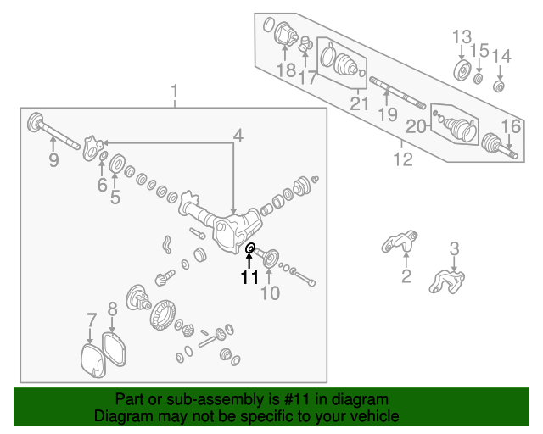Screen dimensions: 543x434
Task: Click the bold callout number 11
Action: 249,277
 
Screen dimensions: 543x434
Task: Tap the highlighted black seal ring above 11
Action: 250,248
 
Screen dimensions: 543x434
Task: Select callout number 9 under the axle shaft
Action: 53,160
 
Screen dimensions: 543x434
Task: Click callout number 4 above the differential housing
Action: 238,136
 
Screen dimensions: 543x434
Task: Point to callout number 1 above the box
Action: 174,91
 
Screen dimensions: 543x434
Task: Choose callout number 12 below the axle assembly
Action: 403,159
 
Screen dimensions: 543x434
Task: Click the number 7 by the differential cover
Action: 91,320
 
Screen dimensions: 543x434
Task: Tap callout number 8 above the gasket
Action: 113,309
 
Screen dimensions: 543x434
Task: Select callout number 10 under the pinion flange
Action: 270,293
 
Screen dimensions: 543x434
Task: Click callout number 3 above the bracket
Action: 455,249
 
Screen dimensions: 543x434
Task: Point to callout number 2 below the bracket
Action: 406,275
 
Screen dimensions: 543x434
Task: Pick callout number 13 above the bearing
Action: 462,37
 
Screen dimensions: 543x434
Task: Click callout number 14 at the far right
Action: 501,57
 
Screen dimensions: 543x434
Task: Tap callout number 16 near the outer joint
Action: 511,126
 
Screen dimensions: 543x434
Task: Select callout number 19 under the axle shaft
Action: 388,114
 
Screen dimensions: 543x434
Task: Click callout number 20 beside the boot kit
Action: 416,126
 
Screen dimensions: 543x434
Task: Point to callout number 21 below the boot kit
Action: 360,103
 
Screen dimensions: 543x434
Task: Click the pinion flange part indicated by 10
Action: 271,258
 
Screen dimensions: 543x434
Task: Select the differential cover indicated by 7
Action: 92,360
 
